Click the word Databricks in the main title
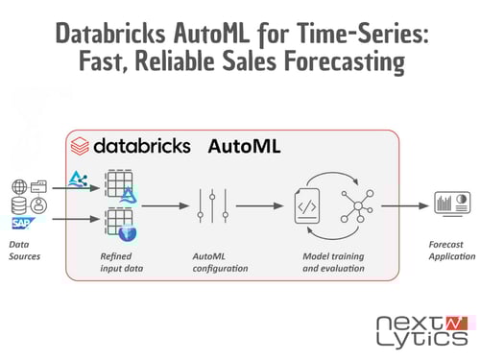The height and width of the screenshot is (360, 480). point(108,35)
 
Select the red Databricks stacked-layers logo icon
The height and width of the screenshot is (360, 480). point(79,146)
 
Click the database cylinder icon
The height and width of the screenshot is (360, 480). point(20,206)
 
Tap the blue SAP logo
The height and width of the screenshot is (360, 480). point(22,225)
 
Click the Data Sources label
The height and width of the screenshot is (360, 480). point(25,250)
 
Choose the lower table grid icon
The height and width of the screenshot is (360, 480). point(118,223)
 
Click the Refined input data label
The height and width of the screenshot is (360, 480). point(122,262)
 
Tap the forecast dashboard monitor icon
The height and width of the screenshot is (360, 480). point(450,204)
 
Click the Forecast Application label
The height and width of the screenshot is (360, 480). point(451,250)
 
